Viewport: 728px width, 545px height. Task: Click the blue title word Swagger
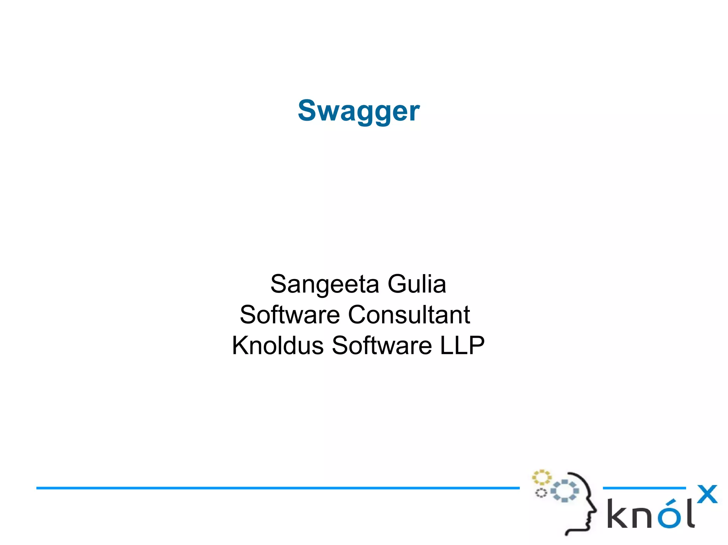(x=359, y=111)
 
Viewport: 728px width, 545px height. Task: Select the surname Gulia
(x=416, y=284)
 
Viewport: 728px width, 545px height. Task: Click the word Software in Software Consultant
(x=290, y=315)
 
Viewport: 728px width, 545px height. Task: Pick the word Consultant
(x=409, y=315)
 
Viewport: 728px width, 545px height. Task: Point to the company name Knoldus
(x=278, y=345)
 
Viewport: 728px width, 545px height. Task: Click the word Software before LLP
(x=382, y=345)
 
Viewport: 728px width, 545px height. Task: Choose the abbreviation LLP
(x=462, y=345)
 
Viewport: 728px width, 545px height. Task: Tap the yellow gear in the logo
(x=541, y=477)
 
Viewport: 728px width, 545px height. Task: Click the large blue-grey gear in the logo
(x=565, y=491)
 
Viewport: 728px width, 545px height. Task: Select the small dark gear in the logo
(x=541, y=493)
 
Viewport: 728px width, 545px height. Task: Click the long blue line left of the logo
(x=277, y=488)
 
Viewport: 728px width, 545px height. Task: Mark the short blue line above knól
(x=644, y=488)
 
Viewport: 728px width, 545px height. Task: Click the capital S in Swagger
(x=307, y=110)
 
